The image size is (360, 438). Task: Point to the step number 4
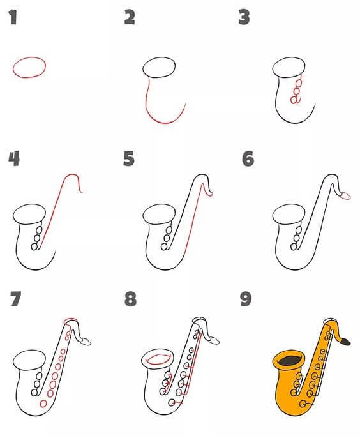point(13,158)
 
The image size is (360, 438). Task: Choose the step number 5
point(130,158)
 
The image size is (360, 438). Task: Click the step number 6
point(248,158)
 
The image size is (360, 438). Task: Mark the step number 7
point(16,299)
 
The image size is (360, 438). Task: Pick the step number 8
point(130,299)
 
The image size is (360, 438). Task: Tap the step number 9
point(246,299)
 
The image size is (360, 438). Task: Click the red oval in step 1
point(29,66)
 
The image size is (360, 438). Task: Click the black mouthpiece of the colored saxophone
point(347,342)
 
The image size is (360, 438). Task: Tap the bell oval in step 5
point(158,214)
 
